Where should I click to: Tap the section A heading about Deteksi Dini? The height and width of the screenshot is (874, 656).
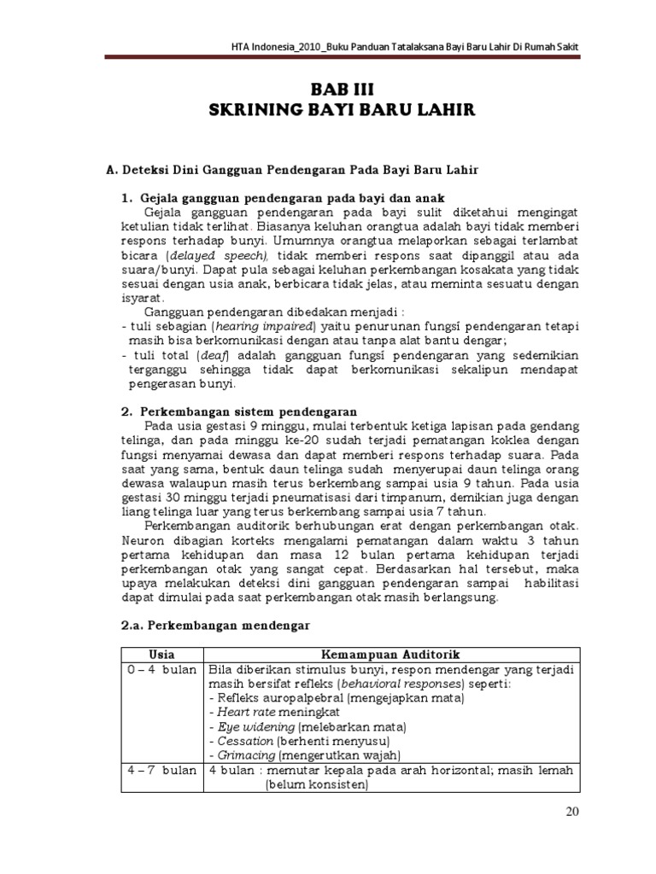tap(291, 170)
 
